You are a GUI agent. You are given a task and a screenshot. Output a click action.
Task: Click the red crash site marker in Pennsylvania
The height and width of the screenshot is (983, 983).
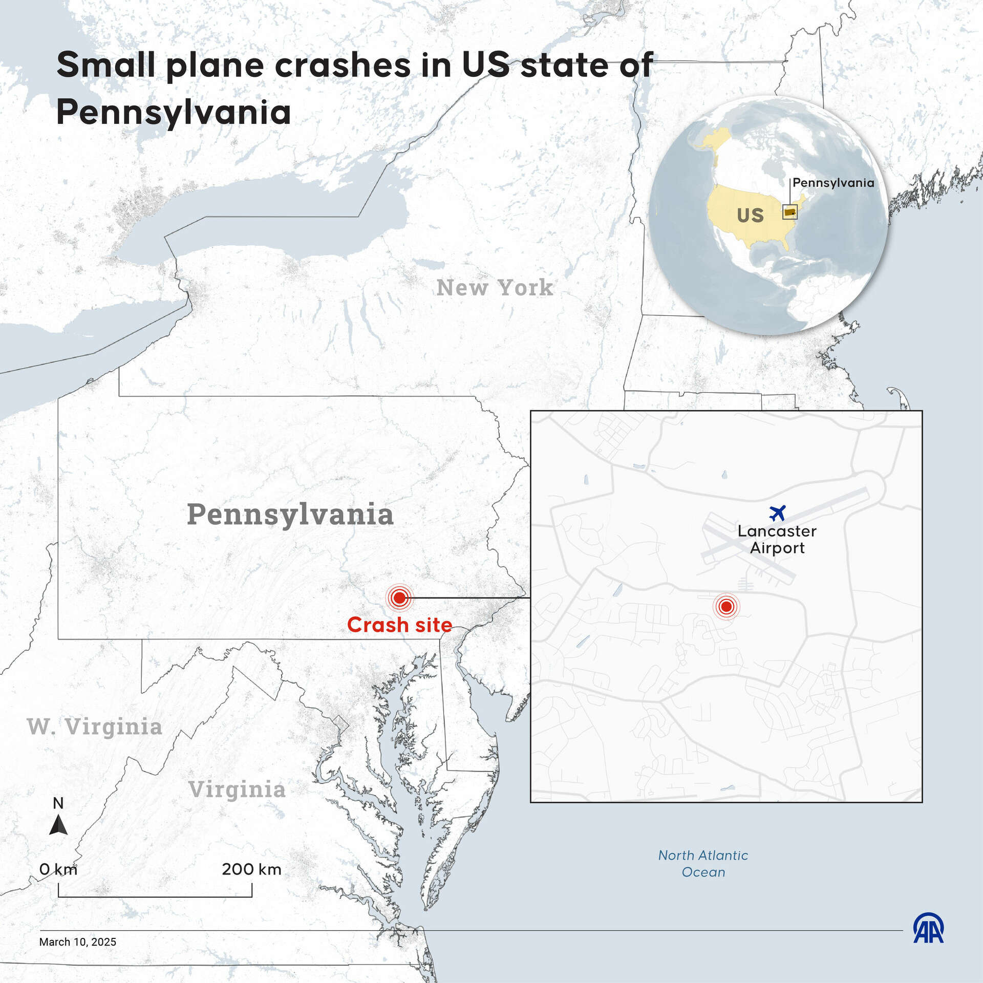(x=399, y=597)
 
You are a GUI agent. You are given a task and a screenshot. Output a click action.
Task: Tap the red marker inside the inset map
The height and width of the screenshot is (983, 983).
(x=726, y=607)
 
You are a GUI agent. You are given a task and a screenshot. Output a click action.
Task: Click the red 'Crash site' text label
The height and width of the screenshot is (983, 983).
(x=399, y=625)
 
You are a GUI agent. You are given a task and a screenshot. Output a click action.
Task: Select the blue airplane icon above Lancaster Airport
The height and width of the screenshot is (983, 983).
(x=777, y=512)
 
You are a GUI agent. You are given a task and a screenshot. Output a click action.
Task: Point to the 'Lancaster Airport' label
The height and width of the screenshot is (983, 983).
(x=777, y=540)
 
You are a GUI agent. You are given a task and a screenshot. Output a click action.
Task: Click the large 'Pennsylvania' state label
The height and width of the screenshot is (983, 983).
(x=290, y=515)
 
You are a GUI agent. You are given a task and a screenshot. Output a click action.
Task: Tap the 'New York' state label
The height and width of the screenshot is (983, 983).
(x=495, y=288)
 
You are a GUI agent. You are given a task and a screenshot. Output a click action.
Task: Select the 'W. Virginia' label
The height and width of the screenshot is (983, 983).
(x=95, y=726)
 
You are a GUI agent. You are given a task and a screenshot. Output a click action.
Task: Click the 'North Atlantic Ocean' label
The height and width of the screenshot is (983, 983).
(x=703, y=864)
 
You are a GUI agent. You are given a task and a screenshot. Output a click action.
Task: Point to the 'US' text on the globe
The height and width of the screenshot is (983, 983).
(x=750, y=216)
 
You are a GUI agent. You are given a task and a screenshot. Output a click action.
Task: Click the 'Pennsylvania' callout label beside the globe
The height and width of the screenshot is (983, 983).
(x=833, y=183)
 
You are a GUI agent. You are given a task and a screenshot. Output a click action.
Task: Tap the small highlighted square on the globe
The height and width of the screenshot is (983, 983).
(x=789, y=212)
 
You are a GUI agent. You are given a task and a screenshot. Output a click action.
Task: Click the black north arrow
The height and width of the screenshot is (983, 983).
(x=58, y=825)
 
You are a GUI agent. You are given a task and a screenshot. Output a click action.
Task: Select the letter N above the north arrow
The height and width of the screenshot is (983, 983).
(x=58, y=803)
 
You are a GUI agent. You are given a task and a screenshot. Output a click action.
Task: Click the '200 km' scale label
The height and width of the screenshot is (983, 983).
(x=251, y=869)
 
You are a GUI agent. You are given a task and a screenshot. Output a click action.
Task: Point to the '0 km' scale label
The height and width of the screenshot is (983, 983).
(x=58, y=869)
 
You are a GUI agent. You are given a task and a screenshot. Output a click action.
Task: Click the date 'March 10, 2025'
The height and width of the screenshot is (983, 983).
(x=78, y=942)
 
